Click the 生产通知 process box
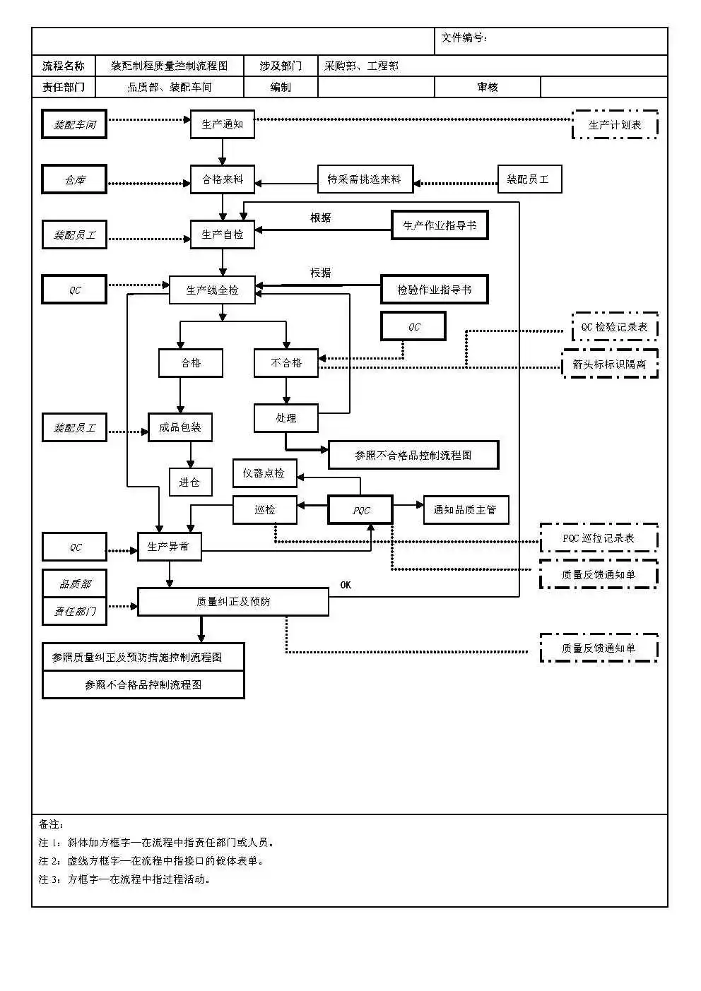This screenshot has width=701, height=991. point(222,124)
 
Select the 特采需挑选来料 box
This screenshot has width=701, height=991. point(365,179)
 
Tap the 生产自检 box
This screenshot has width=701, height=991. point(222,235)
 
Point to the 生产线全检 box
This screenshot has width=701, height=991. point(212,290)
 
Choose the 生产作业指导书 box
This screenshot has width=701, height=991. point(440,225)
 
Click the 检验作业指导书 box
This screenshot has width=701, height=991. point(434,290)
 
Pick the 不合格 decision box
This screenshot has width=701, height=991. point(286,363)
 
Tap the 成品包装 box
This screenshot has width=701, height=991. point(180,427)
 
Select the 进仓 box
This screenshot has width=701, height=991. point(190,482)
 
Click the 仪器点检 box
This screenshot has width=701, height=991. point(264,473)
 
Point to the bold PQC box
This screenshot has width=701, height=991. point(360,510)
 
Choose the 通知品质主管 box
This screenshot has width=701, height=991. point(466,510)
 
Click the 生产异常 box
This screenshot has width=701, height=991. point(169,547)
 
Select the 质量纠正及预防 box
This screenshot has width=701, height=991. point(232,602)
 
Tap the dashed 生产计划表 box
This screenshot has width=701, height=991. point(615,124)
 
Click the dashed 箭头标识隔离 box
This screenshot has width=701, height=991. point(610,364)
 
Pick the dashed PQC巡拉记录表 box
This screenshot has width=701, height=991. point(599,538)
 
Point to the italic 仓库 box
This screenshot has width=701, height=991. point(74,179)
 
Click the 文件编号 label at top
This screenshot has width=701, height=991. point(464,38)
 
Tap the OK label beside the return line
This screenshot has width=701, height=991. point(346,585)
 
